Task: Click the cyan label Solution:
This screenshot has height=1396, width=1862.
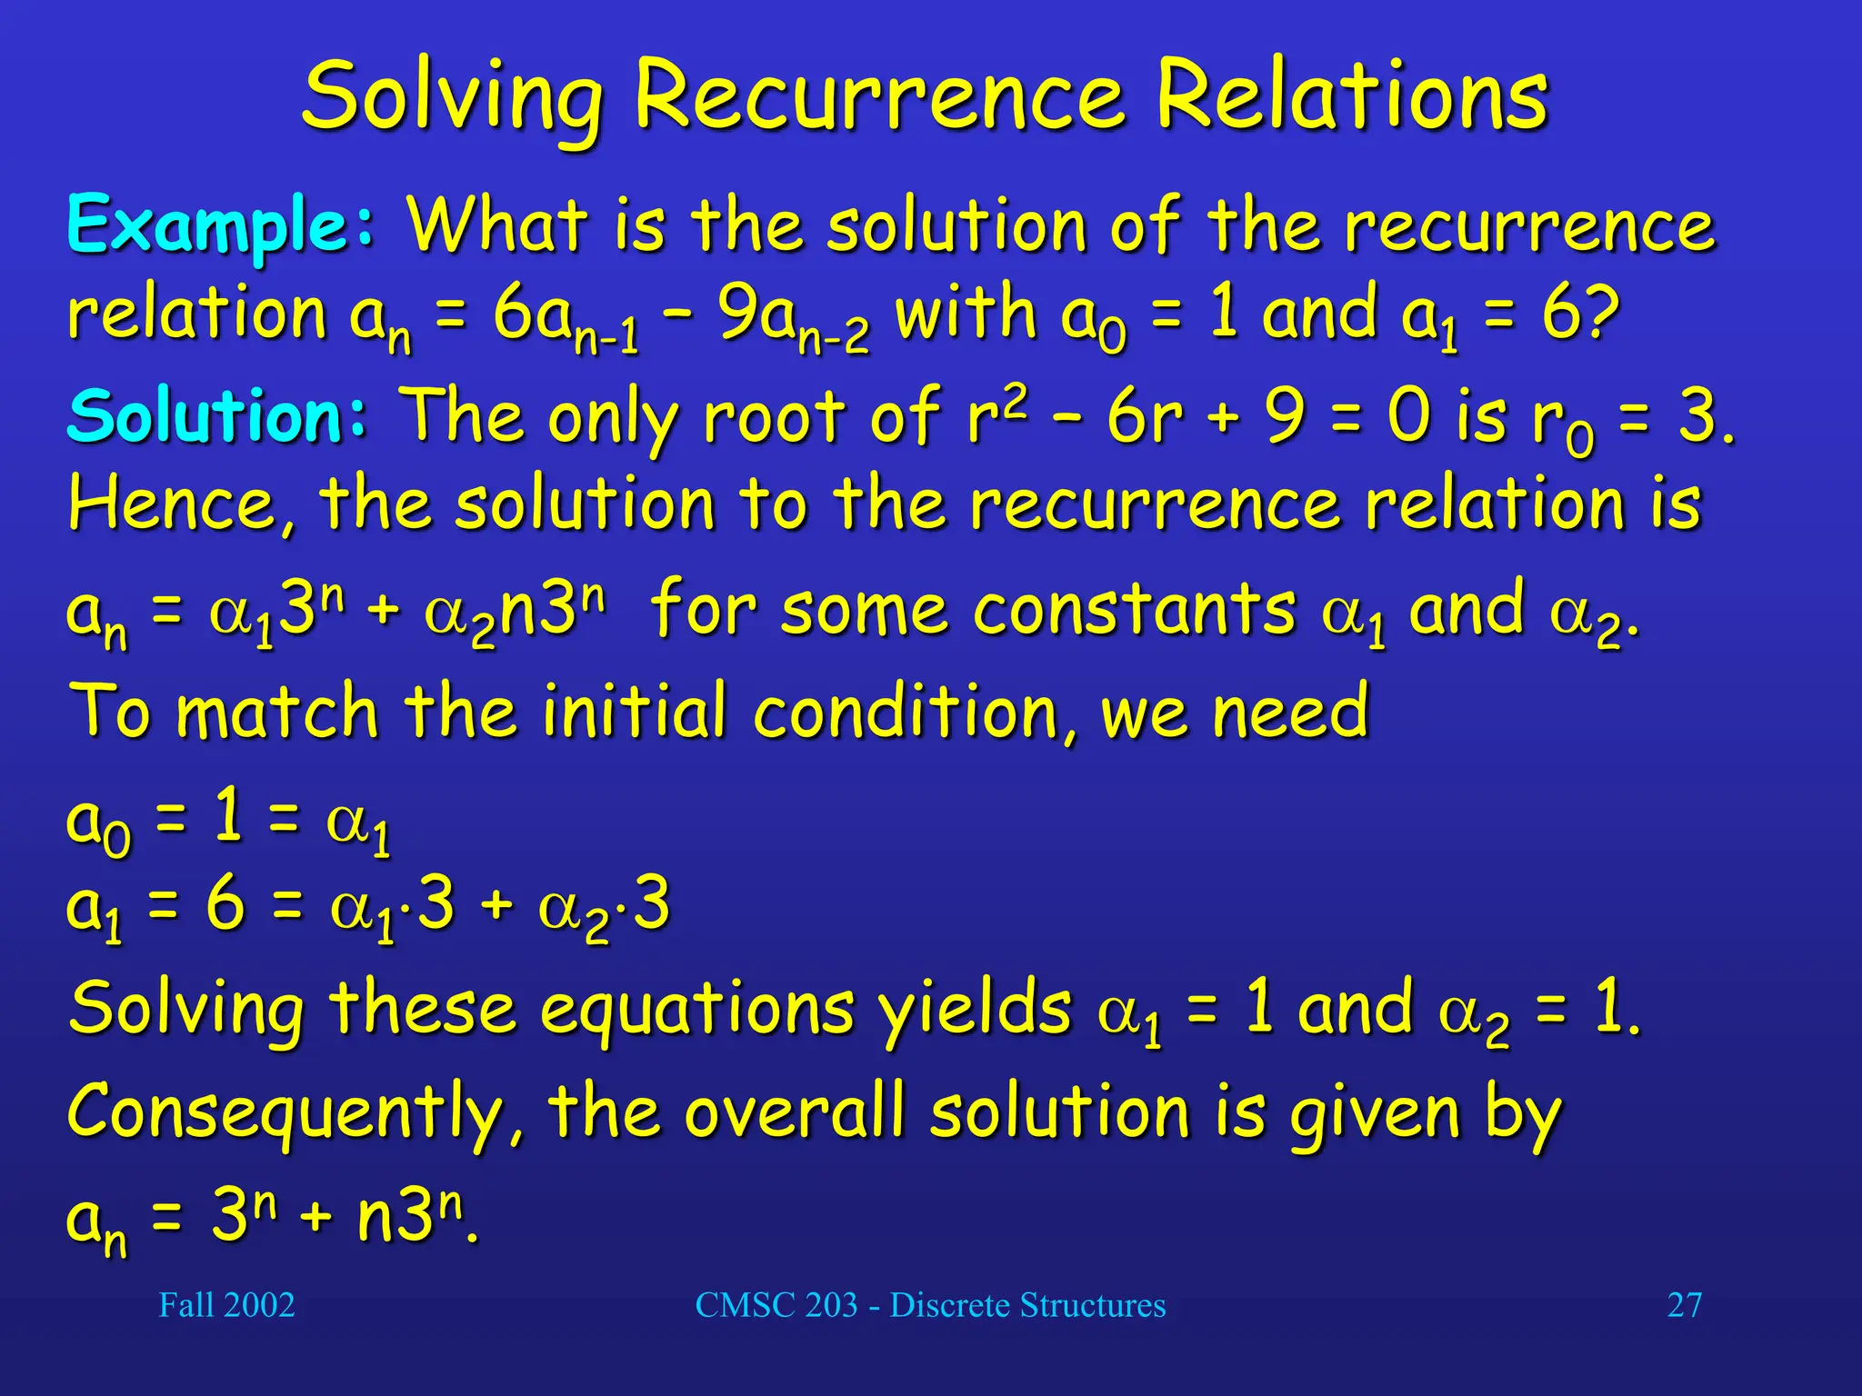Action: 216,416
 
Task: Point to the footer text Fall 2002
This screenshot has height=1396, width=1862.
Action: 226,1305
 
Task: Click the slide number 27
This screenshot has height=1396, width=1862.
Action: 1684,1305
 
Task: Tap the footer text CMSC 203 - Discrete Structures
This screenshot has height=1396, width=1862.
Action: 930,1305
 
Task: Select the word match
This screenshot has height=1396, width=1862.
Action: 276,712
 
